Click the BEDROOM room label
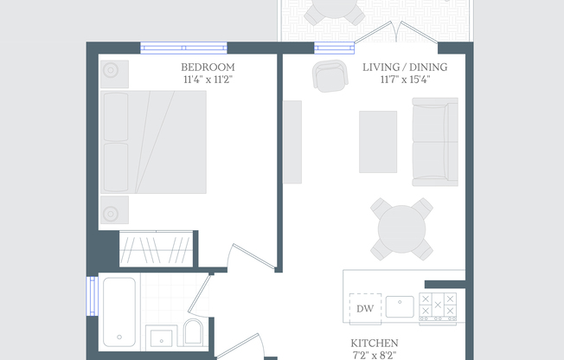tap(208, 67)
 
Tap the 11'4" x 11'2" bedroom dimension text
tap(208, 80)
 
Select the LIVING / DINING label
tap(405, 67)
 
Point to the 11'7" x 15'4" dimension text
tap(406, 80)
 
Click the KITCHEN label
tap(375, 343)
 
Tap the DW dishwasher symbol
tap(365, 309)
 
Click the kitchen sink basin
tap(400, 306)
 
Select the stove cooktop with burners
tap(438, 307)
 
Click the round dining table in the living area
tap(401, 229)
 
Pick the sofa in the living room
tap(435, 142)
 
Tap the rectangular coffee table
tap(378, 142)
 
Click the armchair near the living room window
tap(330, 75)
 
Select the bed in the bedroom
tap(154, 142)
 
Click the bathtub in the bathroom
tap(119, 312)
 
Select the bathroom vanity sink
tap(161, 337)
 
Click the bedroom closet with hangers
tap(156, 249)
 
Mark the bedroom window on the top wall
tap(183, 48)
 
